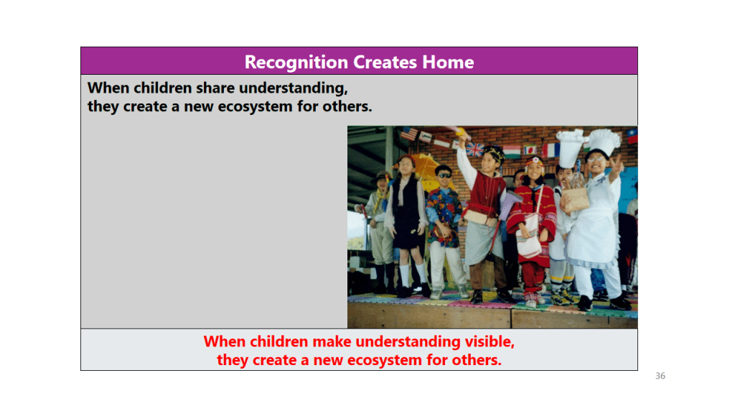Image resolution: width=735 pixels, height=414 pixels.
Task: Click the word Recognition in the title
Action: coord(296,63)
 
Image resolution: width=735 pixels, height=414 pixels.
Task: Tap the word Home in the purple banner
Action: coord(448,62)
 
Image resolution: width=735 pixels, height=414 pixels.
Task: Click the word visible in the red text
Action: coord(490,341)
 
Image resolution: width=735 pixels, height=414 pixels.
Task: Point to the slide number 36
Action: coord(660,375)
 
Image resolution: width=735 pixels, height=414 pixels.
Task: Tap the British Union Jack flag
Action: coord(474,149)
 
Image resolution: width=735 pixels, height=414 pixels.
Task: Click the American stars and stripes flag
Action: coord(408,134)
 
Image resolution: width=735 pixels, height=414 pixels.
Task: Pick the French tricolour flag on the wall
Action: coord(551,150)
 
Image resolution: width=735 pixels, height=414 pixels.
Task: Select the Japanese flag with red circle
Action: coord(530,150)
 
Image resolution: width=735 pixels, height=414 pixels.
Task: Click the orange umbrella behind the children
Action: coord(426,170)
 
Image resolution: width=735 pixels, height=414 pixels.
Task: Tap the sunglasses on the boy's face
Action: coord(444,175)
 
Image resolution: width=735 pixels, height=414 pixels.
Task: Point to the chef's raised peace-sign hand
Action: coord(617,165)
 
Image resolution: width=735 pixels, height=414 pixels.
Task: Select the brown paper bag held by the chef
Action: coord(576,197)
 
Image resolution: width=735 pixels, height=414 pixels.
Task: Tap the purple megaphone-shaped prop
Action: coord(511,203)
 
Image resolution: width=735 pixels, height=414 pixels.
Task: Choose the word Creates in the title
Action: coord(385,62)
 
